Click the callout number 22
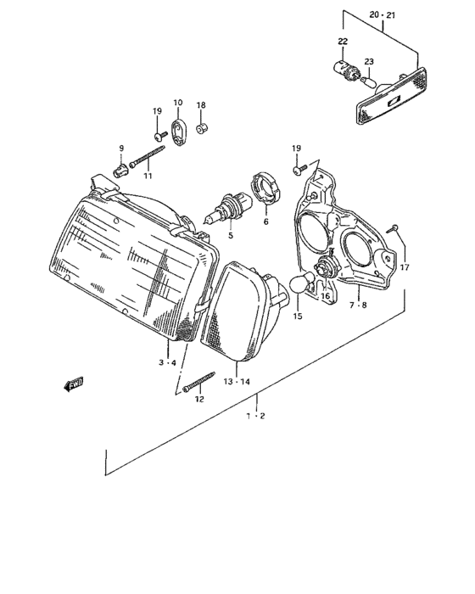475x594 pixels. (x=342, y=42)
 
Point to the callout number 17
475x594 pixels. (x=405, y=267)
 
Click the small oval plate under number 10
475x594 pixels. (x=179, y=133)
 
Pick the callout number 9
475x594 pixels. (x=121, y=148)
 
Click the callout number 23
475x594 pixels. (x=368, y=61)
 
